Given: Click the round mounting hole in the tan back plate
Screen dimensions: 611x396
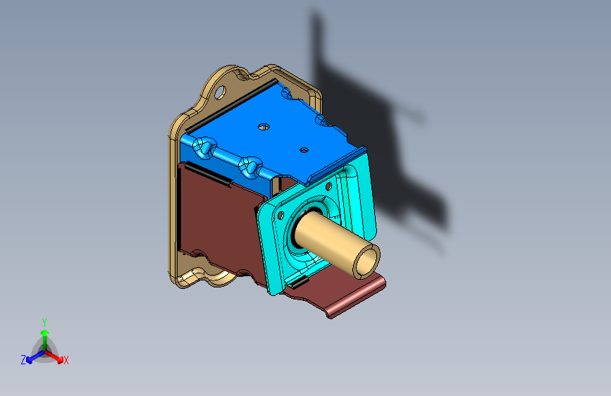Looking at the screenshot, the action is [x=220, y=92].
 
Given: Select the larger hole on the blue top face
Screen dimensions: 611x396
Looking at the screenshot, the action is [x=264, y=127].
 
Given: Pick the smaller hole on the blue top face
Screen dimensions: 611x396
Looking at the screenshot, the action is [x=304, y=150].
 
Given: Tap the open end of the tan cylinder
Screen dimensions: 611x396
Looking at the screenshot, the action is [x=366, y=261].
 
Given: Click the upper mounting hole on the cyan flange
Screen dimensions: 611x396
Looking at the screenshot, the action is [x=328, y=186].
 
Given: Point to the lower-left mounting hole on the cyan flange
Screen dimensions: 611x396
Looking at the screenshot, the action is [x=280, y=215].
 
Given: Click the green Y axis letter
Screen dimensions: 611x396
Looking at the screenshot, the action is [x=44, y=323].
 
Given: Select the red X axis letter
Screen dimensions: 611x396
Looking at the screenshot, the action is [x=66, y=360].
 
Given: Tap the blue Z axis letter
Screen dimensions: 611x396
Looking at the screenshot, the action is [x=23, y=360].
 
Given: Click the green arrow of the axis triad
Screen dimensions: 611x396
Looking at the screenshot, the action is [x=45, y=339].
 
